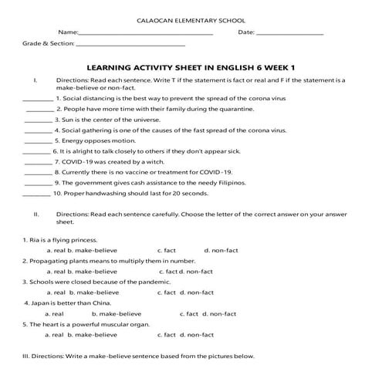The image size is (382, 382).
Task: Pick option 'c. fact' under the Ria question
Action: (167, 251)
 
